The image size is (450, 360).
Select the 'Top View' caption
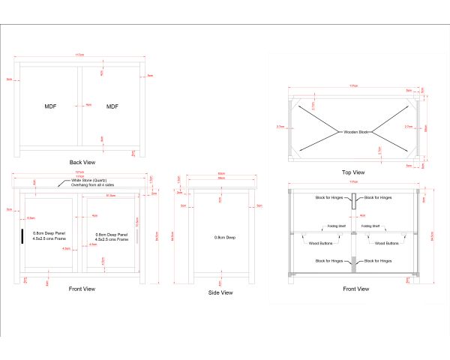point(353,172)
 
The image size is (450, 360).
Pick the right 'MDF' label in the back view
point(112,107)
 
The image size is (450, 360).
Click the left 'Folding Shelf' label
point(335,225)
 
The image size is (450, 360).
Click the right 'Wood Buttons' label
point(385,243)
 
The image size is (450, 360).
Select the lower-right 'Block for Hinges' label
point(378,261)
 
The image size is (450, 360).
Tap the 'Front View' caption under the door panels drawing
point(81,288)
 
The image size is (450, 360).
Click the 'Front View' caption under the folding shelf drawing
point(355,289)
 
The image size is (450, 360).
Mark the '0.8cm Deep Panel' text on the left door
point(48,234)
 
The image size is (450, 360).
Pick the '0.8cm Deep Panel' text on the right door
point(112,234)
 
